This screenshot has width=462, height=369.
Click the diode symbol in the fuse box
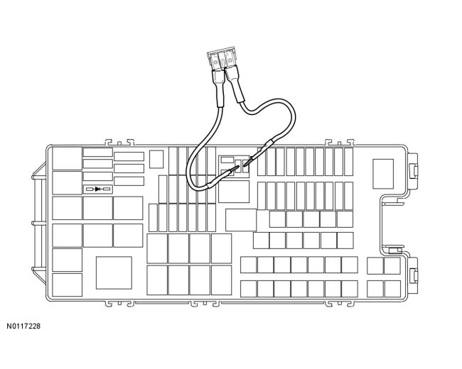pos(97,189)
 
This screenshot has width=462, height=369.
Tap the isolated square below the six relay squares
pos(113,272)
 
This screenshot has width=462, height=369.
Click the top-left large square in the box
pos(67,158)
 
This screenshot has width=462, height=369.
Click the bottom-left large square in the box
pos(67,285)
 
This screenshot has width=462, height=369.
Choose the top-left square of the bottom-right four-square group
pos(375,266)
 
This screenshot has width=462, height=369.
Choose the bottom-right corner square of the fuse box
pos(392,288)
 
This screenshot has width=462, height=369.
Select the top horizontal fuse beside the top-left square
pos(97,152)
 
